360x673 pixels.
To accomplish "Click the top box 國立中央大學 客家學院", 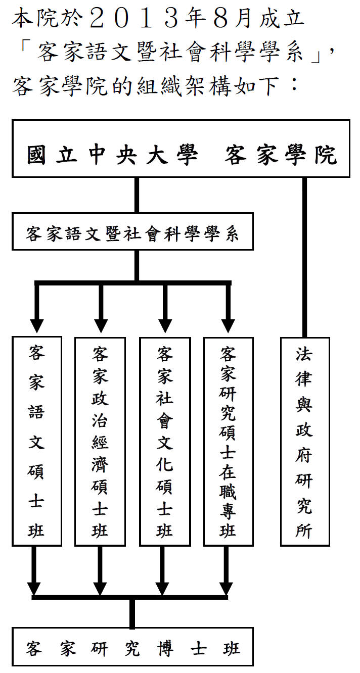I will [181, 149].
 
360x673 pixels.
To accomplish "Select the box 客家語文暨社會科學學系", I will [132, 234].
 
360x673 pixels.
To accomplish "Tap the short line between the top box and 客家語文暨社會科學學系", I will [137, 195].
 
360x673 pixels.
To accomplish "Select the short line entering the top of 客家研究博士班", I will [132, 613].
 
